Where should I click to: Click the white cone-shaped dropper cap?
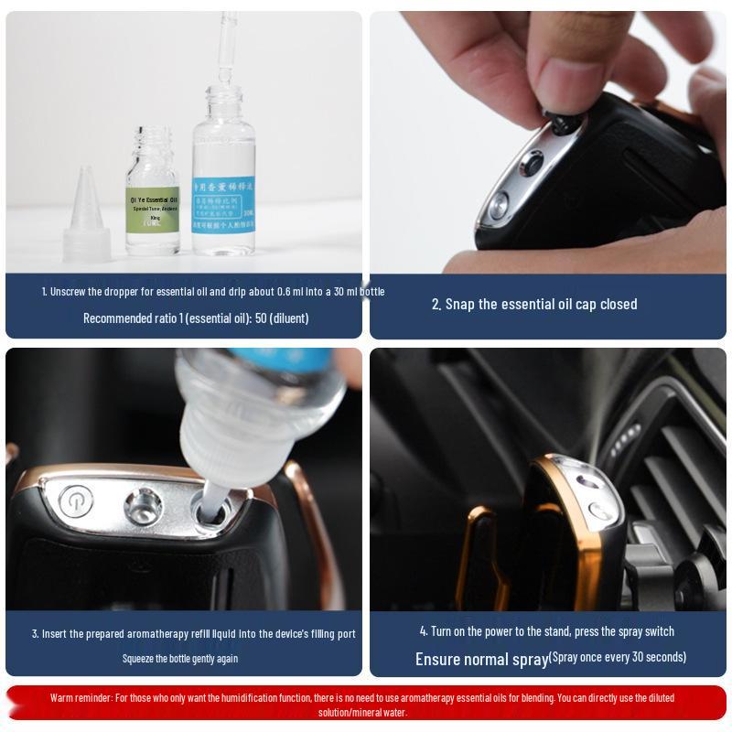point(87,215)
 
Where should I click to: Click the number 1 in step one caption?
point(44,292)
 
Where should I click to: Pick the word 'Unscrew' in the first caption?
point(70,292)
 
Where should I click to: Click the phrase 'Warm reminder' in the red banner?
point(81,697)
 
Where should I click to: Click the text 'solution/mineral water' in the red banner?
point(362,712)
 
